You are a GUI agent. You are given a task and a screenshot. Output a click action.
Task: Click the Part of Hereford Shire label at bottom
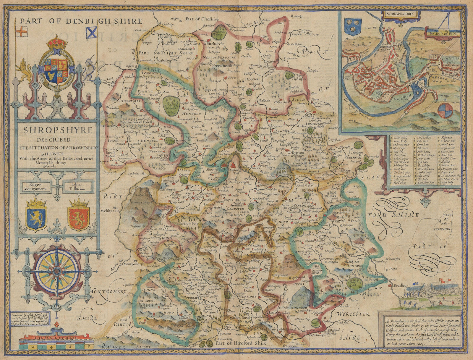(x=241, y=343)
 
